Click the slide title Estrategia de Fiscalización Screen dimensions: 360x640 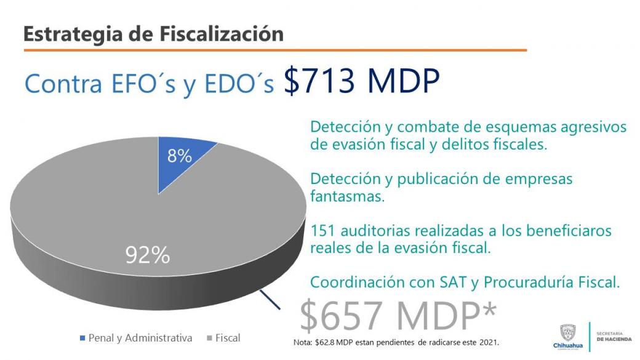point(153,34)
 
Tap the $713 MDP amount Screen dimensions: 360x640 point(361,81)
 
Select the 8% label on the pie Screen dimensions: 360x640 point(180,156)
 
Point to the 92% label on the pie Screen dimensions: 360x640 point(148,254)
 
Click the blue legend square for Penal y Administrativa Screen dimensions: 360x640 point(82,338)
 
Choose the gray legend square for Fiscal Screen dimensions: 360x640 point(209,338)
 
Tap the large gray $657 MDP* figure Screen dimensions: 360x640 point(398,315)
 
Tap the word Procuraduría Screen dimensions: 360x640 point(526,282)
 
